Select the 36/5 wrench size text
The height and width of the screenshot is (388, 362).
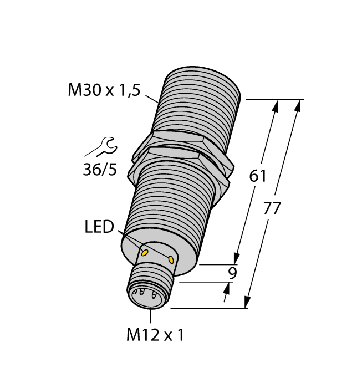(99, 169)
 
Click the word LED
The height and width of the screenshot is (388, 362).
(99, 227)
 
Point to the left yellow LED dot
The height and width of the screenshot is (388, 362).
(145, 253)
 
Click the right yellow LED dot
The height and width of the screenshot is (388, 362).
(171, 259)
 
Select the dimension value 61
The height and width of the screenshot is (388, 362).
(258, 176)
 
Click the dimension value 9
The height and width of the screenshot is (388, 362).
(233, 273)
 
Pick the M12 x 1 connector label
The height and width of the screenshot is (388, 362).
(155, 335)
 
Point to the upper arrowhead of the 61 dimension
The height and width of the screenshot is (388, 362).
(274, 106)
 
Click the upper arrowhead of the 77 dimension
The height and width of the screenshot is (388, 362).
(298, 105)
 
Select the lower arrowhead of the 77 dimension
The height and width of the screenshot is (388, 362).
(247, 302)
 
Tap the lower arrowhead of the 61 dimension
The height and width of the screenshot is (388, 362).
(237, 258)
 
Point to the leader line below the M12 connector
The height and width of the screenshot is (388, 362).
(151, 316)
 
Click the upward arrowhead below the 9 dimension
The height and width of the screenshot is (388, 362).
(227, 288)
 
